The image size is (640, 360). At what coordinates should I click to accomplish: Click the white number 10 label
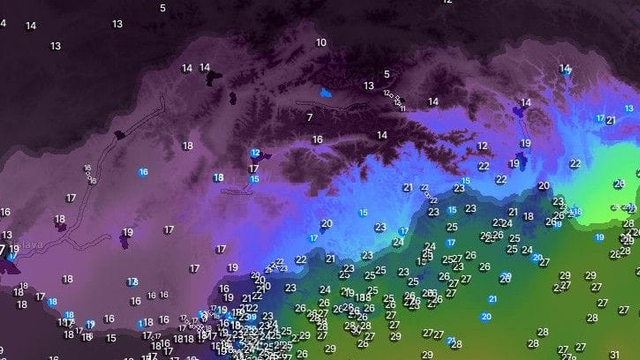(321, 42)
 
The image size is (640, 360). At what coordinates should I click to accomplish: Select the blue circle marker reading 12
(255, 153)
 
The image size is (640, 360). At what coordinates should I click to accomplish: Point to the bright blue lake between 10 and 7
(324, 93)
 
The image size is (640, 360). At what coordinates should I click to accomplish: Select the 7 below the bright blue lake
(310, 117)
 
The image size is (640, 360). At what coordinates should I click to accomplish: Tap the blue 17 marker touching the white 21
(600, 118)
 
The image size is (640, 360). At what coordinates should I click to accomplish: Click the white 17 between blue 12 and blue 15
(253, 168)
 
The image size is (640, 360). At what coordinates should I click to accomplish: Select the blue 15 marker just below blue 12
(255, 179)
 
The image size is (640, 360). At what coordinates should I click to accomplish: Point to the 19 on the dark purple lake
(127, 234)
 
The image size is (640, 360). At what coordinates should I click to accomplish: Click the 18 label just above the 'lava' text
(60, 220)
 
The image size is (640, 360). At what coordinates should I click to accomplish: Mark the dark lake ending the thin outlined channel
(120, 133)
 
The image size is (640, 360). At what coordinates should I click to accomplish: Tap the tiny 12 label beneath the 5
(388, 93)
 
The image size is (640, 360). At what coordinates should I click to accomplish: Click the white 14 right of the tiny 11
(433, 101)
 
